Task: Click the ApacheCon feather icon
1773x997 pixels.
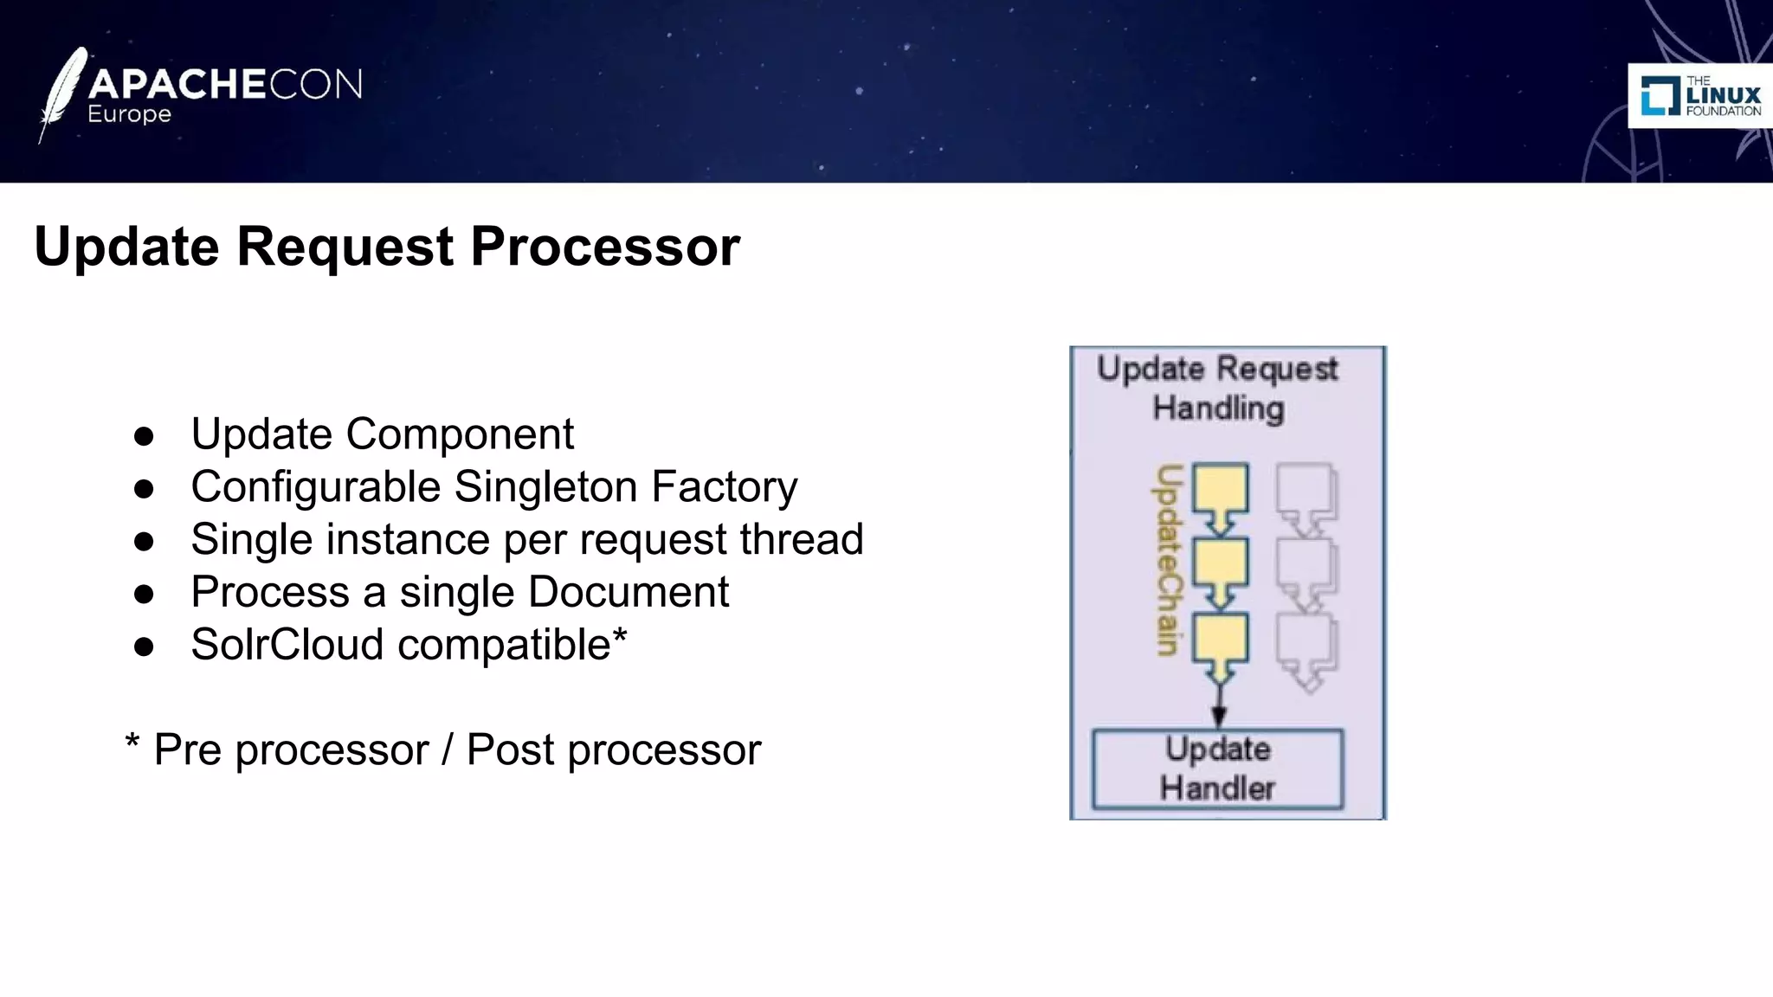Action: tap(62, 93)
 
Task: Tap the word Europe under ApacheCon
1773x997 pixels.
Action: tap(129, 114)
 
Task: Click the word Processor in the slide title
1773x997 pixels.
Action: tap(605, 247)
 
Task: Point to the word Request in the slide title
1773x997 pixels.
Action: tap(345, 247)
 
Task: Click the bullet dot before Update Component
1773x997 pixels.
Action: tap(144, 435)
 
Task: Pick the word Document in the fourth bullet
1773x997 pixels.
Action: tap(629, 592)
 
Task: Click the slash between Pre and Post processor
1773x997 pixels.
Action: tap(447, 749)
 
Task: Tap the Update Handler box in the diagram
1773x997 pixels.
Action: tap(1217, 769)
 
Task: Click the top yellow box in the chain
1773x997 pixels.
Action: tap(1220, 489)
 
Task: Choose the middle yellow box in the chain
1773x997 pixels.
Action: tap(1220, 564)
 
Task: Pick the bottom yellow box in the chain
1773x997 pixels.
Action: tap(1220, 639)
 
